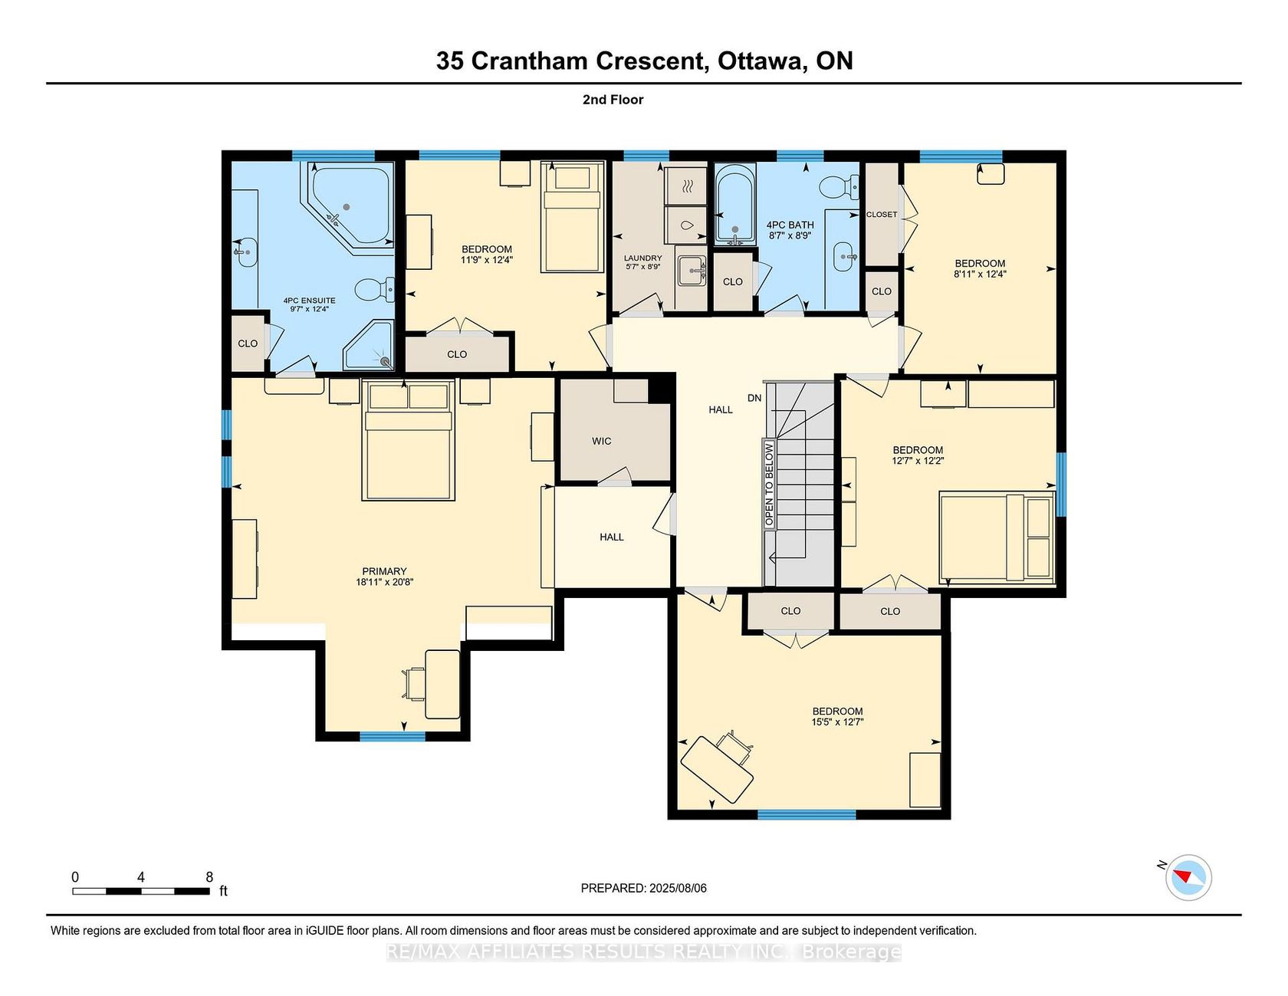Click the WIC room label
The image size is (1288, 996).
602,441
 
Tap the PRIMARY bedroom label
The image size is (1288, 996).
384,571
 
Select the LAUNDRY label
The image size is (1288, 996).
642,258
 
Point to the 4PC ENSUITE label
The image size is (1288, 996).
309,301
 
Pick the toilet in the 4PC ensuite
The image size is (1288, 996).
374,290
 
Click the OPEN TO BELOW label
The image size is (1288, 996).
769,485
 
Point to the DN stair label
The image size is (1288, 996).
754,398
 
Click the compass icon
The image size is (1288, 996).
1188,877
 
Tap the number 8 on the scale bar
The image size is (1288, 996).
209,877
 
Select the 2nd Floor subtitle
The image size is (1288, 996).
613,100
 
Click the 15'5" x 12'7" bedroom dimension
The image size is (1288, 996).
838,722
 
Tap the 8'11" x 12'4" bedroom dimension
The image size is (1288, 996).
980,274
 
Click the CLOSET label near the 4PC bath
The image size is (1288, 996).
882,215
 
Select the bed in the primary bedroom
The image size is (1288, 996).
408,441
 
